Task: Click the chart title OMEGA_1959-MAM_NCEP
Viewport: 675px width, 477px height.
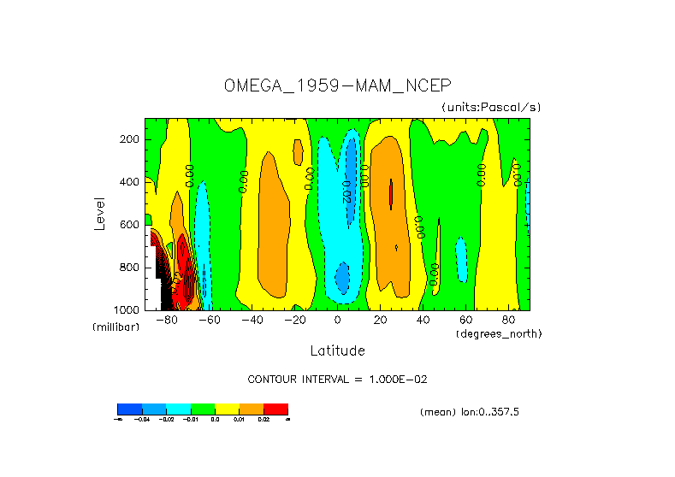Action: point(336,85)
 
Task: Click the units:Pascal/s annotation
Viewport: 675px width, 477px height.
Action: point(491,107)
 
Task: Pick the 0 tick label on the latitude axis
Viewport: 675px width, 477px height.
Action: point(337,320)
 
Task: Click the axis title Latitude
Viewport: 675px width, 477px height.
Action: point(337,350)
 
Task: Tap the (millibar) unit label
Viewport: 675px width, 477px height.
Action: point(115,327)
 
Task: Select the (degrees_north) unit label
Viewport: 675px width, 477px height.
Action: point(499,333)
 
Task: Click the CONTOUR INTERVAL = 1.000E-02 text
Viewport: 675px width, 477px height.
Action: point(343,379)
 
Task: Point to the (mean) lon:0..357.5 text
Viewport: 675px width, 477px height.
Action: point(470,412)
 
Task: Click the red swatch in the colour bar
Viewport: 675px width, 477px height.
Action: point(275,409)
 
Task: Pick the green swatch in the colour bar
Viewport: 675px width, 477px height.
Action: point(202,409)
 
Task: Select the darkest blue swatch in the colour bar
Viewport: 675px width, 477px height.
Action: point(129,409)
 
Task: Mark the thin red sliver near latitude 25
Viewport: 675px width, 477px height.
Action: point(391,193)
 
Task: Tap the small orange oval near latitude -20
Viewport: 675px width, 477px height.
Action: point(298,152)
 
